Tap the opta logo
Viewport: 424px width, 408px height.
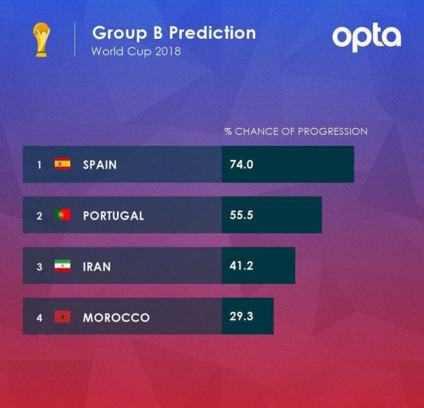pyautogui.click(x=366, y=37)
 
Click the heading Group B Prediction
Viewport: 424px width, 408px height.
pyautogui.click(x=174, y=32)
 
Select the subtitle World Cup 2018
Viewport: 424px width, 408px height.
pyautogui.click(x=136, y=51)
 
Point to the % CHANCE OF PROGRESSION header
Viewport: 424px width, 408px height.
pyautogui.click(x=296, y=131)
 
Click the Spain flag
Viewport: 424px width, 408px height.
pyautogui.click(x=62, y=164)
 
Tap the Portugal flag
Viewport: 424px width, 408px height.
pyautogui.click(x=62, y=215)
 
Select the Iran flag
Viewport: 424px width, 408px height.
pyautogui.click(x=62, y=266)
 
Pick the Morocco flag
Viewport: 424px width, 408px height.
pyautogui.click(x=62, y=317)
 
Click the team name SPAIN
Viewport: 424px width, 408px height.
pyautogui.click(x=100, y=165)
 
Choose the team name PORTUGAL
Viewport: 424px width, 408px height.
pyautogui.click(x=113, y=216)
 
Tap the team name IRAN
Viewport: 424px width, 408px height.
pyautogui.click(x=97, y=266)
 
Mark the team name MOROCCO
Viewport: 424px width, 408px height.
pyautogui.click(x=116, y=317)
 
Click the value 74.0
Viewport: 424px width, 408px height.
pyautogui.click(x=241, y=164)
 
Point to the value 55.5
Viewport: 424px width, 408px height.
pyautogui.click(x=241, y=215)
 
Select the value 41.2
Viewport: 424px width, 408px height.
pyautogui.click(x=241, y=265)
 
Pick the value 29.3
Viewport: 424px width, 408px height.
pyautogui.click(x=241, y=316)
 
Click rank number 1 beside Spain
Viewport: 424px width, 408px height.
pyautogui.click(x=39, y=165)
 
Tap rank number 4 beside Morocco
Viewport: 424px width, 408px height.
pyautogui.click(x=39, y=317)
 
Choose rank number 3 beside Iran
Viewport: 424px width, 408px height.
pyautogui.click(x=39, y=266)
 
